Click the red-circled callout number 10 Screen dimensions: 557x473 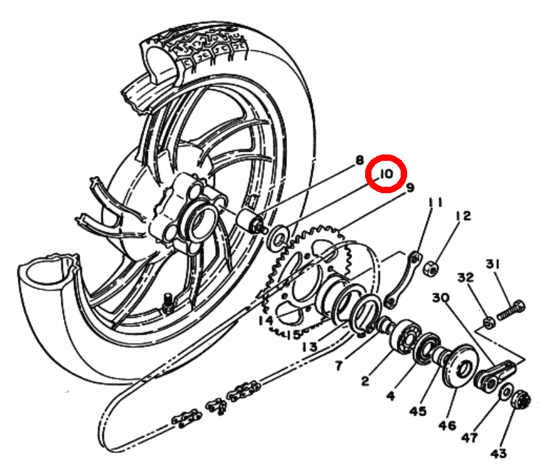point(386,174)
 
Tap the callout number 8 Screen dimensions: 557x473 point(360,160)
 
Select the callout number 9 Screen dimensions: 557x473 point(410,187)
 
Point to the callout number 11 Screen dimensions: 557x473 point(435,202)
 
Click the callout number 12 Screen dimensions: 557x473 point(463,216)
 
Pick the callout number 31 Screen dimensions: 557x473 point(493,264)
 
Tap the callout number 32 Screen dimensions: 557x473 point(466,277)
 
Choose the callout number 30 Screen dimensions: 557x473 point(441,297)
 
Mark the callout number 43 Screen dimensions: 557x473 point(499,454)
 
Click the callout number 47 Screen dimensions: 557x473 point(470,438)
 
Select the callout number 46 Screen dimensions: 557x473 point(447,425)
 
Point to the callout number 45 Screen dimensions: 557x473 point(417,411)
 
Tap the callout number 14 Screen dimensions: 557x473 point(266,321)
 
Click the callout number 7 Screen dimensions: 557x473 point(339,365)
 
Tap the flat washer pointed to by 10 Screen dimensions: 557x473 point(278,238)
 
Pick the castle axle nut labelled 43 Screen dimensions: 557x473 point(521,399)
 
